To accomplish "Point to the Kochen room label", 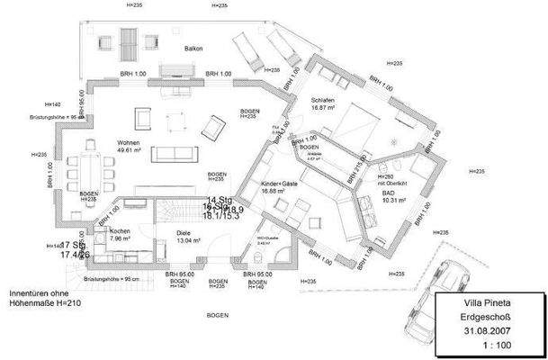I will [x=121, y=231].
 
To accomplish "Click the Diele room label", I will [x=186, y=232].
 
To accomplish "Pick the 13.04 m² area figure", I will [x=187, y=241].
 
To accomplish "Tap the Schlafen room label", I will [x=323, y=98].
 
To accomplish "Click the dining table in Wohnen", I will [x=88, y=171].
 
